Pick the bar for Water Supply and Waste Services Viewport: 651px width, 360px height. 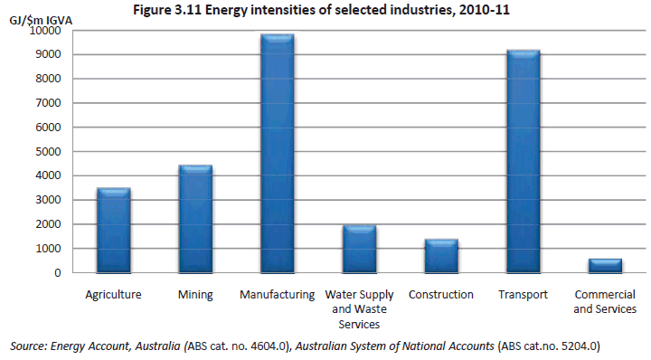[358, 249]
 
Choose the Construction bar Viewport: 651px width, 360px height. [440, 256]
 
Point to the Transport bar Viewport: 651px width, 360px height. [522, 162]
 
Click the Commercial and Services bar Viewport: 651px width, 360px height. [604, 265]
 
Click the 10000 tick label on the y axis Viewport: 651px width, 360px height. [44, 30]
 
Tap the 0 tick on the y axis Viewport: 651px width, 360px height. [56, 272]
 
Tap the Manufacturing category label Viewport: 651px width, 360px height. [277, 295]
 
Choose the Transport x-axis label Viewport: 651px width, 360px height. [522, 295]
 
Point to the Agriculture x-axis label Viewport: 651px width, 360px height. [114, 295]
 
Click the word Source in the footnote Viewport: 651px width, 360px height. [27, 346]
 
